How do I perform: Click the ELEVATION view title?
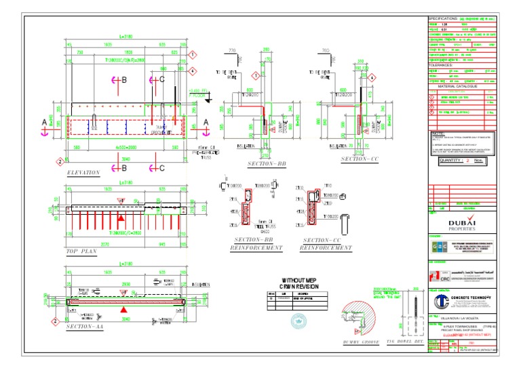click(83, 173)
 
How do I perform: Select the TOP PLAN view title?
click(81, 251)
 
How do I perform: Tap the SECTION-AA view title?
click(85, 327)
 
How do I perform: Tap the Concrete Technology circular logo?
click(441, 301)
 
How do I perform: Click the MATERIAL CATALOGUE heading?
click(457, 87)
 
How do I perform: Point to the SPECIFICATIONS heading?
click(448, 18)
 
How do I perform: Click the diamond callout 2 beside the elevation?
click(60, 161)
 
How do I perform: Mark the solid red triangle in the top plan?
click(121, 220)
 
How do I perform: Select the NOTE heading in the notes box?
click(439, 134)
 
